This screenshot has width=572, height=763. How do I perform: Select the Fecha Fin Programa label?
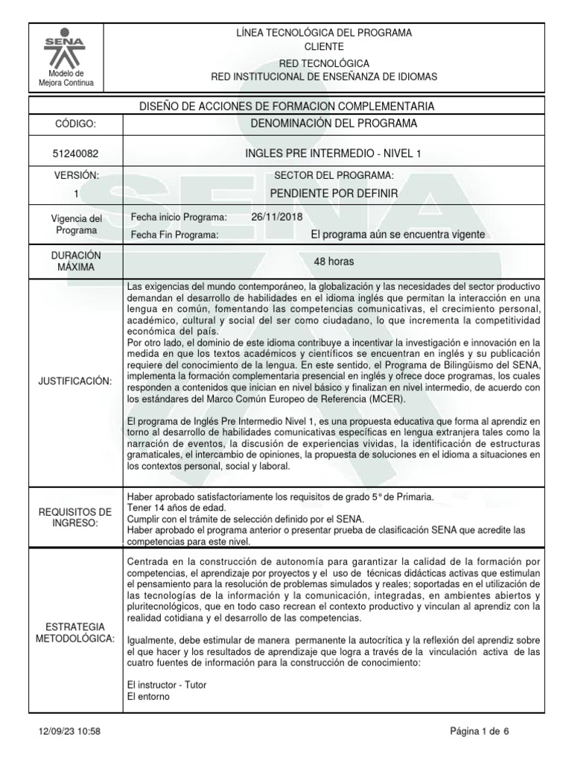point(174,235)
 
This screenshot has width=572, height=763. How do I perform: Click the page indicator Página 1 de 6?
point(480,732)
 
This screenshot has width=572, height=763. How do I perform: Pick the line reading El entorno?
point(149,697)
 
